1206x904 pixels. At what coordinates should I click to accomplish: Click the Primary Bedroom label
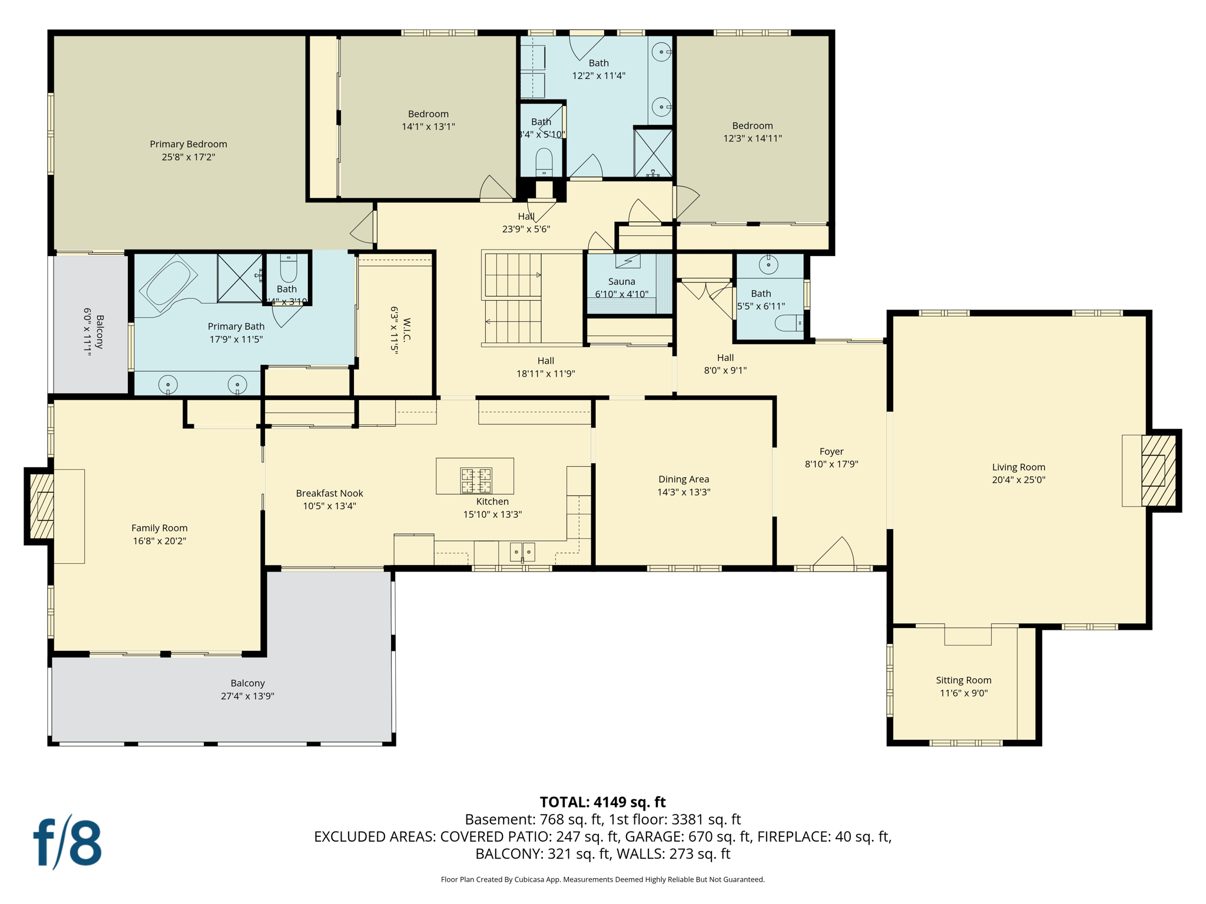(x=188, y=144)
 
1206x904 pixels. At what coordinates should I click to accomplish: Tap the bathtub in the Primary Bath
(x=169, y=283)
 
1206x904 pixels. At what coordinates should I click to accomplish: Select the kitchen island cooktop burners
(x=476, y=480)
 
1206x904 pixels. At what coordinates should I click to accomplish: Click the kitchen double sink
(x=522, y=552)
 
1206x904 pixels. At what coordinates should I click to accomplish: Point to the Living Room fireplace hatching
(x=1158, y=470)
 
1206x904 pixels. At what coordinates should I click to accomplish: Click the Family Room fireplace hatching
(x=42, y=506)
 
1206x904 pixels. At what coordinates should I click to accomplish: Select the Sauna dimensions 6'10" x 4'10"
(x=621, y=294)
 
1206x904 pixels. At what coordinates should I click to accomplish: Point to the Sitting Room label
(x=963, y=680)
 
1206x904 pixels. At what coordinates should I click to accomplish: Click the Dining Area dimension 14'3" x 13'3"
(x=684, y=492)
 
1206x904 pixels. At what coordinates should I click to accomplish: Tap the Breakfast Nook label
(x=329, y=493)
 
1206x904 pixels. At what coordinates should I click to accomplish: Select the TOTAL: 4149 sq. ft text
(x=602, y=802)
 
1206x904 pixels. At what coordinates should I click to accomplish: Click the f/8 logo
(x=67, y=842)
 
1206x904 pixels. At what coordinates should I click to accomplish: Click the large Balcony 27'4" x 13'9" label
(x=247, y=683)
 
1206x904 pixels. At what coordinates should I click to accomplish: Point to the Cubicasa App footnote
(x=602, y=879)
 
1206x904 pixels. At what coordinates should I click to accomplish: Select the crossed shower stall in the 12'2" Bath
(x=653, y=152)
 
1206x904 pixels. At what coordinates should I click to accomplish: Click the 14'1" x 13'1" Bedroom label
(x=428, y=114)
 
